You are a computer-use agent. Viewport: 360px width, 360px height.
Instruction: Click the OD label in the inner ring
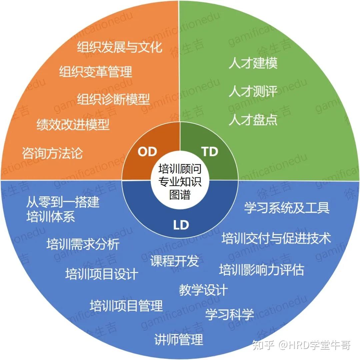pyautogui.click(x=147, y=152)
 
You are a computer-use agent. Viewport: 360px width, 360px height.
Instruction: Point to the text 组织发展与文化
pyautogui.click(x=120, y=47)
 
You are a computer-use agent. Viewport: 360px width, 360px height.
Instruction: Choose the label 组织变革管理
pyautogui.click(x=96, y=72)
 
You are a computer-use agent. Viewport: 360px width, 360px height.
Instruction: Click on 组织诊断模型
pyautogui.click(x=113, y=99)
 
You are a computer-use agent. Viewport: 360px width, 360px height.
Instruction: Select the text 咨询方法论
pyautogui.click(x=52, y=153)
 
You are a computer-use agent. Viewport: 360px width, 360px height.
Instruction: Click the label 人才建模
pyautogui.click(x=253, y=63)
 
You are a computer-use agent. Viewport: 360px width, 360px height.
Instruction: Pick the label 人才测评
pyautogui.click(x=253, y=92)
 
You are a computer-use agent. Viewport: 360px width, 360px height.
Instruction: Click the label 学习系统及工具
pyautogui.click(x=287, y=208)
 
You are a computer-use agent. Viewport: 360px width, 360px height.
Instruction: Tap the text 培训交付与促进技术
pyautogui.click(x=276, y=239)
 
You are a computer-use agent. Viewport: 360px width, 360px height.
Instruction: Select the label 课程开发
pyautogui.click(x=175, y=261)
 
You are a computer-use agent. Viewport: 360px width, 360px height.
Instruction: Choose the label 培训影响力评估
pyautogui.click(x=262, y=270)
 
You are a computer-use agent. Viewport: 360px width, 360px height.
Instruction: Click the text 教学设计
pyautogui.click(x=203, y=290)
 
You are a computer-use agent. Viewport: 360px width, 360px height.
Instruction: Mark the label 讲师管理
pyautogui.click(x=179, y=340)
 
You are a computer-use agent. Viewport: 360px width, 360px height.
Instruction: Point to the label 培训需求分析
pyautogui.click(x=83, y=244)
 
